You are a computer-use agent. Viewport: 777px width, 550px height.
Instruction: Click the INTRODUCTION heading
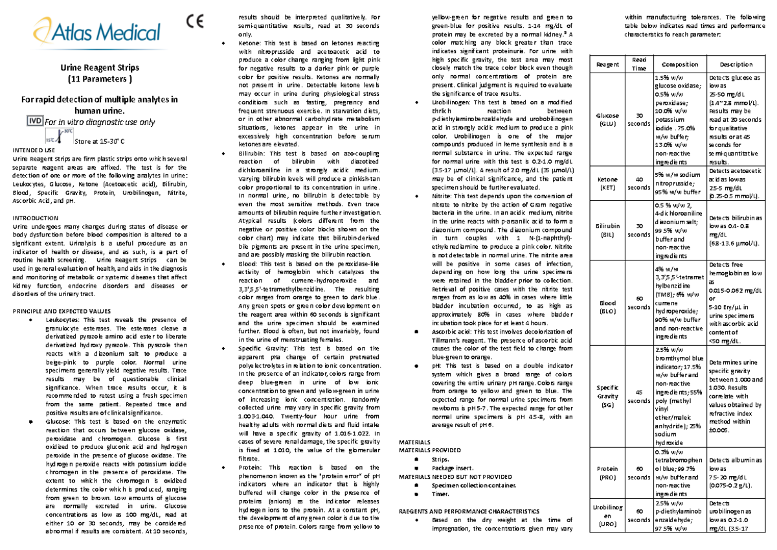35,218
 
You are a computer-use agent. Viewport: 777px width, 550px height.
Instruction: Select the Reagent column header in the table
608,65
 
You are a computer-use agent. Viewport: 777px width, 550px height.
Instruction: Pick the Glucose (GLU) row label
608,119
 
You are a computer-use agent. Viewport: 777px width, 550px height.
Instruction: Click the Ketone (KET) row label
608,183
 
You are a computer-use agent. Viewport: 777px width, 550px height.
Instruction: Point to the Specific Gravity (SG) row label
608,396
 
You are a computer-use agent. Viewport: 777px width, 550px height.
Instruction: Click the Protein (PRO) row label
608,472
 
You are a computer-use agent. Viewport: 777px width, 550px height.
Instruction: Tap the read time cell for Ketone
638,183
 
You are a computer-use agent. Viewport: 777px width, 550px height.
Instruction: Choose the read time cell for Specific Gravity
638,396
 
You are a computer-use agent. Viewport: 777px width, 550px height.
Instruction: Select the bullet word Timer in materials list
440,494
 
